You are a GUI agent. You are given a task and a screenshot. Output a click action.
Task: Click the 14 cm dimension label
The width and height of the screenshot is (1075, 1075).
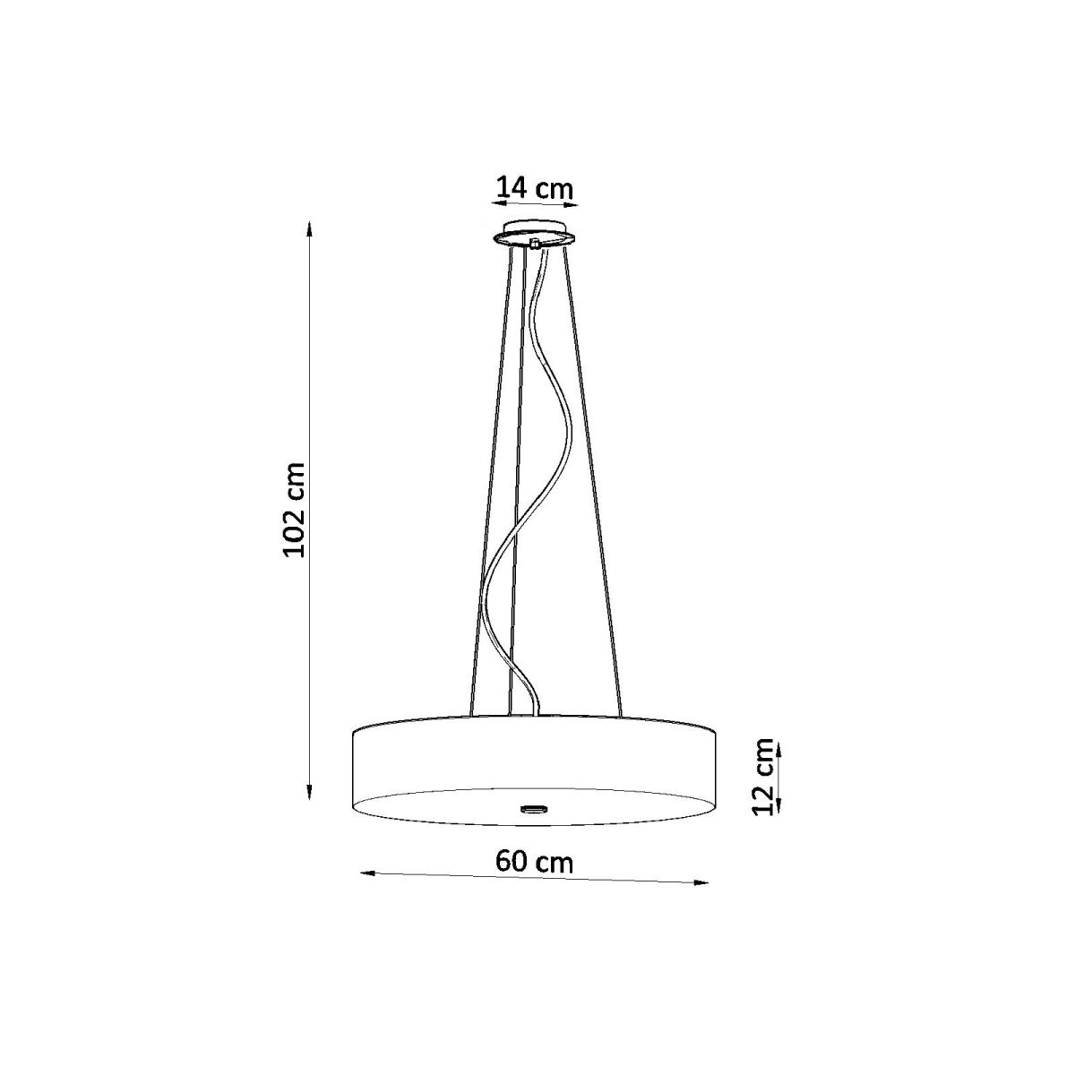click(x=535, y=188)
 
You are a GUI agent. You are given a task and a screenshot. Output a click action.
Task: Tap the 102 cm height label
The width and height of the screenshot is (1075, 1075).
click(x=294, y=511)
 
